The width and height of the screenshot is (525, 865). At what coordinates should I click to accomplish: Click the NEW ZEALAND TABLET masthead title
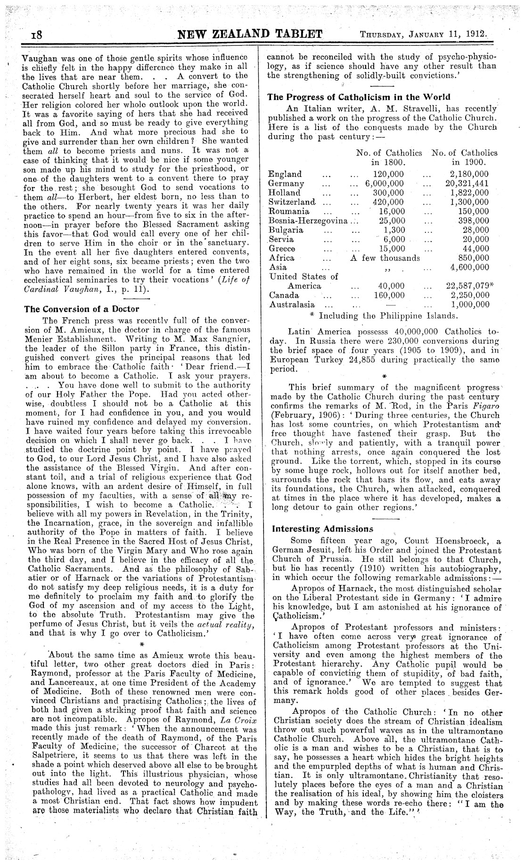[249, 34]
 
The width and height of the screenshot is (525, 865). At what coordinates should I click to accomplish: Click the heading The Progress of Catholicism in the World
[359, 97]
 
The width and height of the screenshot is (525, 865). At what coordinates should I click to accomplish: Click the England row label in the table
[285, 174]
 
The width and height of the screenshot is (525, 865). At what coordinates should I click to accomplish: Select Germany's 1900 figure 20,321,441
[467, 183]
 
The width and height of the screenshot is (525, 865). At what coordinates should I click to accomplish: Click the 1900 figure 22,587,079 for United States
[467, 286]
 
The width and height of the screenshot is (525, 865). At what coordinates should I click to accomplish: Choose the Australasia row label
[292, 305]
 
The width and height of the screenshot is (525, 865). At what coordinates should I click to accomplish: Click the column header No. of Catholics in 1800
[389, 157]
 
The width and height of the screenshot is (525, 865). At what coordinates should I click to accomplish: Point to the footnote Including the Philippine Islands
[388, 315]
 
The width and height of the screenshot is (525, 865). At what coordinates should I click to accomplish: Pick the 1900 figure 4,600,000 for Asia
[470, 267]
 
